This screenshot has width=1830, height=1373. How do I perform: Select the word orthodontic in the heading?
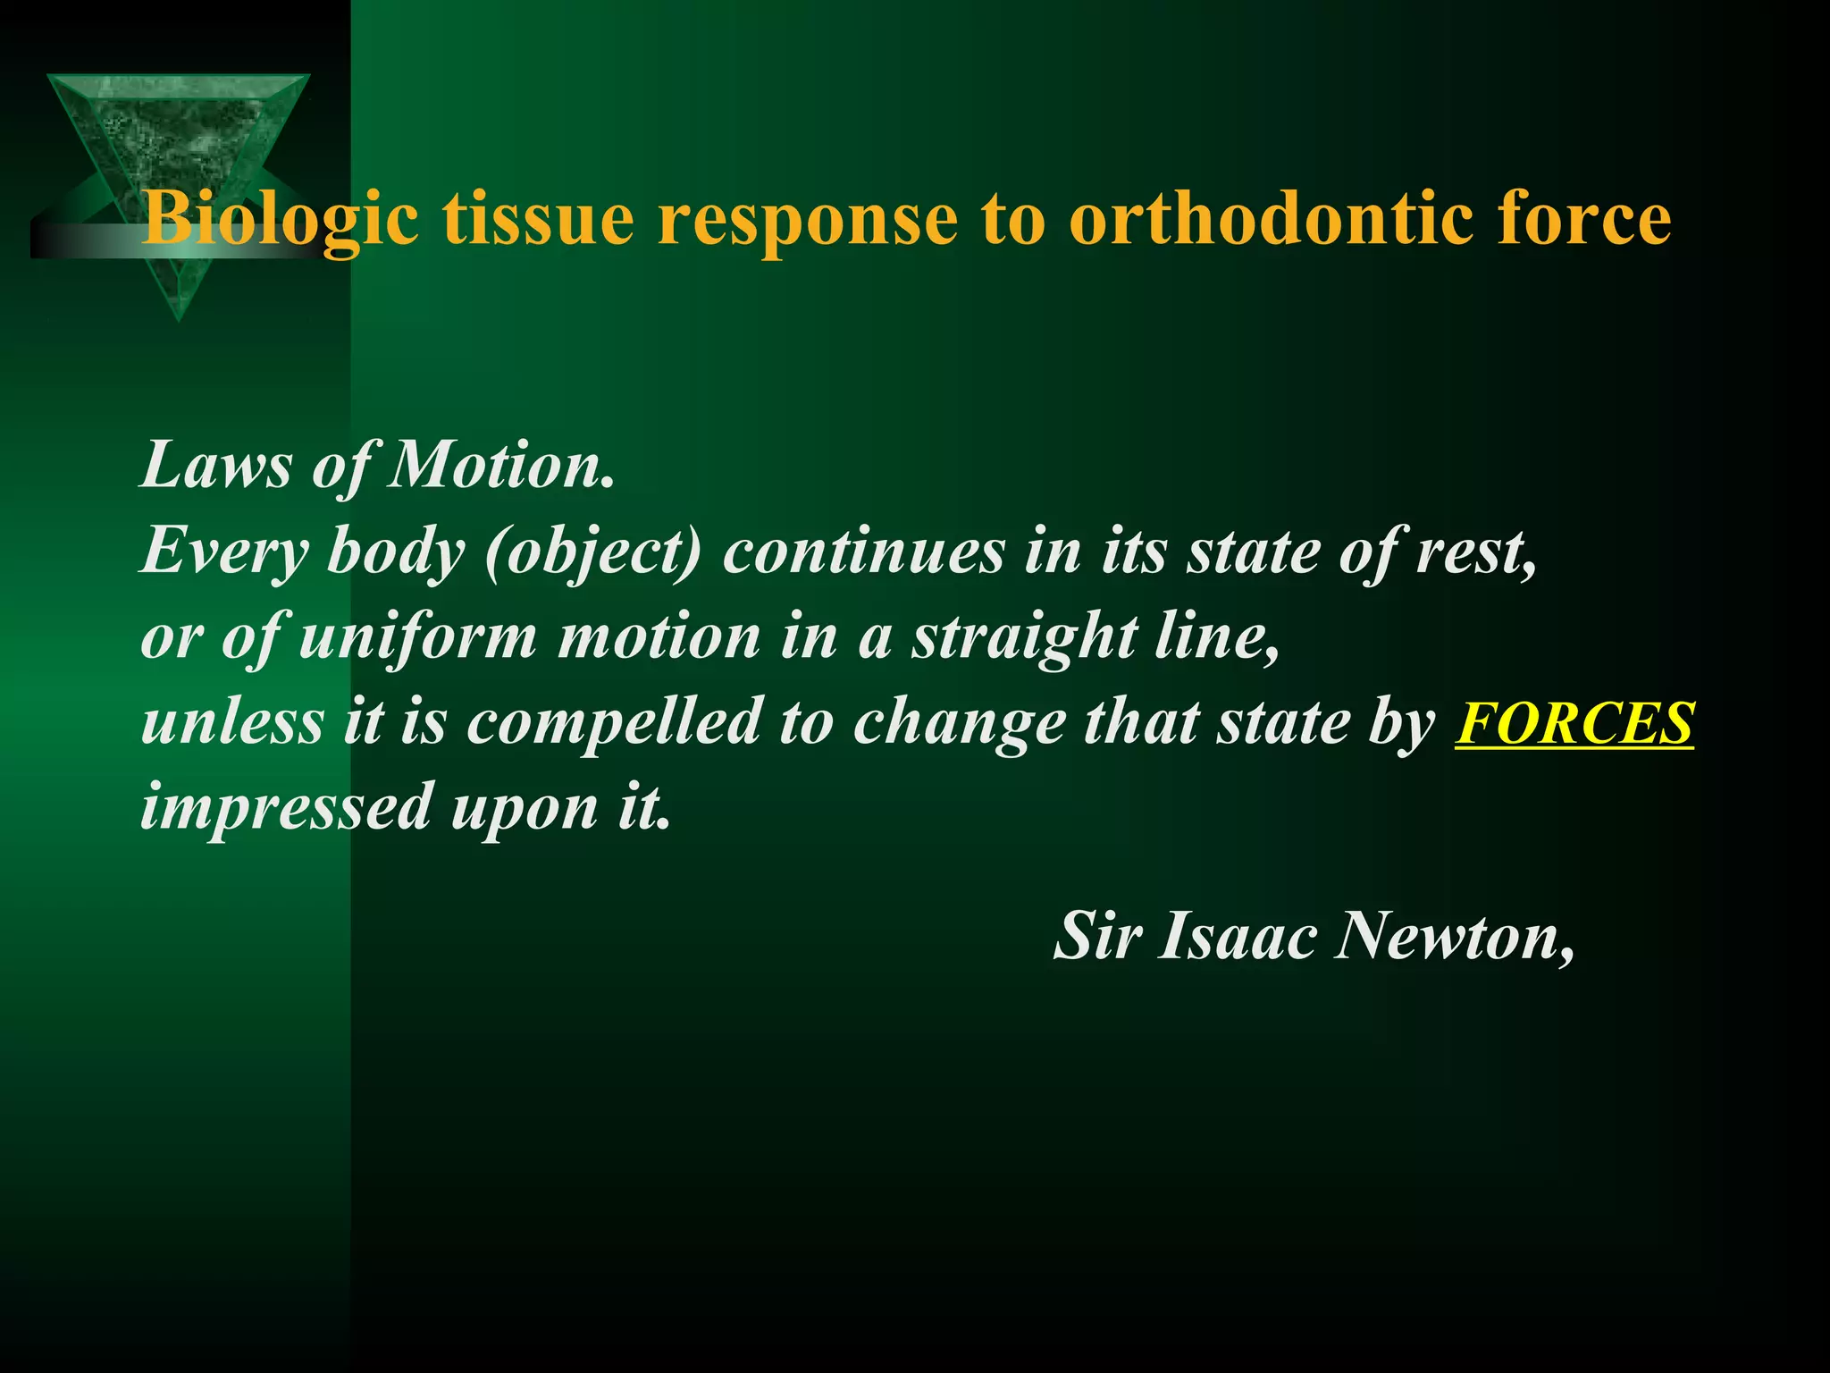[x=1269, y=219]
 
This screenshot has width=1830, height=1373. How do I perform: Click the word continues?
[x=863, y=552]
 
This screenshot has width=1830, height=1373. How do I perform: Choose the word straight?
[x=1024, y=636]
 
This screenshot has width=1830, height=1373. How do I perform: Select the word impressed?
[x=286, y=806]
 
